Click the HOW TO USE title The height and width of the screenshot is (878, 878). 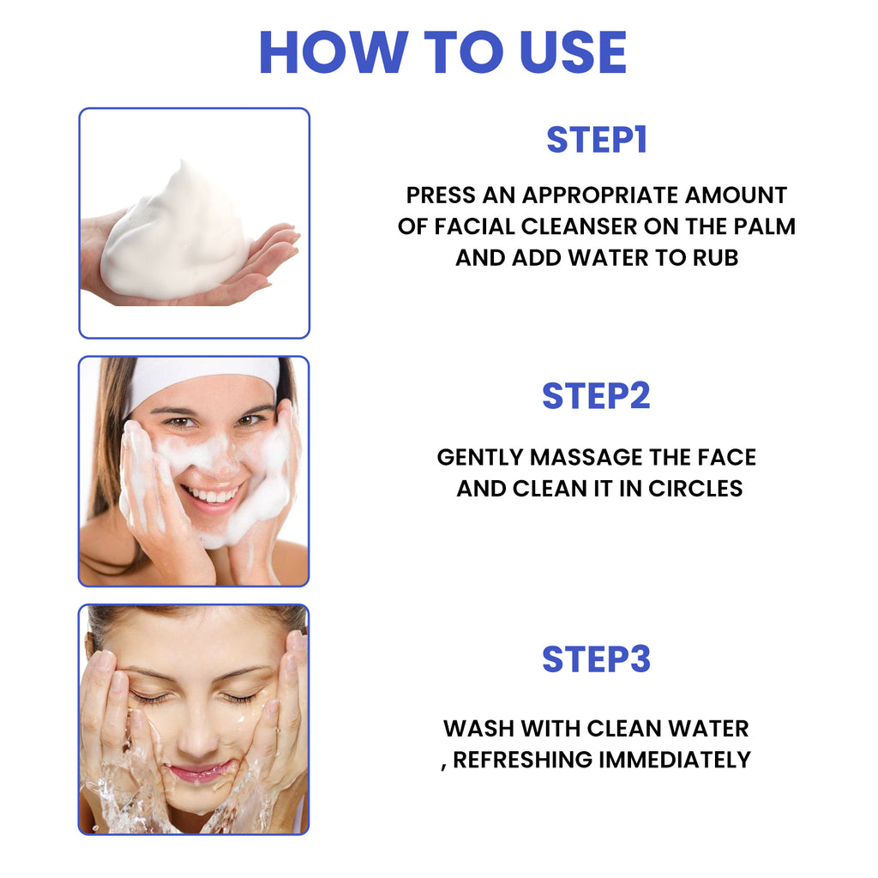tap(442, 52)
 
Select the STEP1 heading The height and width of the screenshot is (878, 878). tap(596, 141)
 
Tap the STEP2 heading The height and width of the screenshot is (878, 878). tap(596, 395)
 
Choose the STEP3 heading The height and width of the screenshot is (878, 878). tap(596, 658)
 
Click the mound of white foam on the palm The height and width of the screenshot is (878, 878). tap(176, 236)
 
